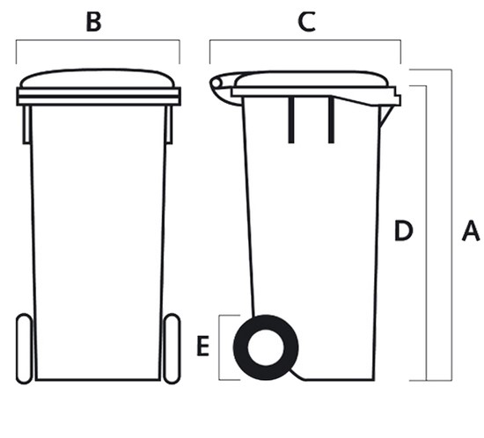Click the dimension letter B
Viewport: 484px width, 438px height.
(94, 22)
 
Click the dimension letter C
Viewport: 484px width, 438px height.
(306, 22)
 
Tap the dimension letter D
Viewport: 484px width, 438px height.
(404, 230)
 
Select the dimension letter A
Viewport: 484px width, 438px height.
(471, 230)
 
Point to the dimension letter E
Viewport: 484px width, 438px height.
(203, 347)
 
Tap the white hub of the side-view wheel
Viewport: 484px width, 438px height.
(266, 347)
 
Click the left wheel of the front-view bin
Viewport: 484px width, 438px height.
(24, 348)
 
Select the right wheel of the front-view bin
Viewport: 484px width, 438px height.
(172, 348)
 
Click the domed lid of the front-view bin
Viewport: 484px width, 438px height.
(97, 77)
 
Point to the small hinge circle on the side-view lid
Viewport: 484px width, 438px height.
(216, 84)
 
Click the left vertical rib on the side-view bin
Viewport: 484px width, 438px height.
(290, 120)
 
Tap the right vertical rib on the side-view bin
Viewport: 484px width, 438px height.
(331, 120)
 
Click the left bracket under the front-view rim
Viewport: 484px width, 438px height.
(26, 125)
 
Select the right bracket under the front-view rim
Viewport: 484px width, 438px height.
(169, 125)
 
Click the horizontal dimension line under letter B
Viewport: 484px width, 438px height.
(98, 40)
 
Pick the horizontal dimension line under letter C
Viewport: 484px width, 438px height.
(305, 40)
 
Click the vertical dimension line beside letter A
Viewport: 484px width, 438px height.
(451, 225)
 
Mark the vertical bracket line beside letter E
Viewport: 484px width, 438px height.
(219, 347)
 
